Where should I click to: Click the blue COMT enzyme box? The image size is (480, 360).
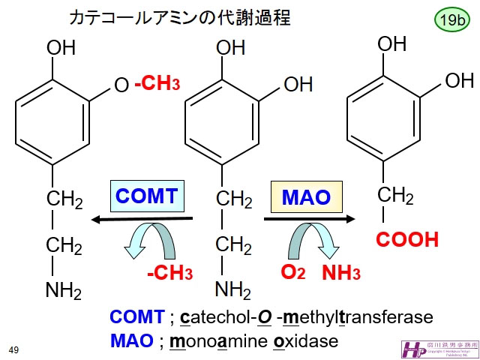coord(146,197)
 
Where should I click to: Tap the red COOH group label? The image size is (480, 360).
coord(407,240)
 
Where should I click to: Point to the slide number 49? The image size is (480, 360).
coord(13,349)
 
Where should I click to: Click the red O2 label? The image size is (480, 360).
coord(292,271)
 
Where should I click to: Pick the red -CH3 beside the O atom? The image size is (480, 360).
coord(157,85)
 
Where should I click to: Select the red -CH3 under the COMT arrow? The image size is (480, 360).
coord(169,272)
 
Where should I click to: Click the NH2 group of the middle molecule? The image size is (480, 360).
coord(233,289)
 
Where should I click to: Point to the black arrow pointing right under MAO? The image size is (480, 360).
coord(308,219)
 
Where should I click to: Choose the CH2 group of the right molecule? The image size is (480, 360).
coord(395,196)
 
